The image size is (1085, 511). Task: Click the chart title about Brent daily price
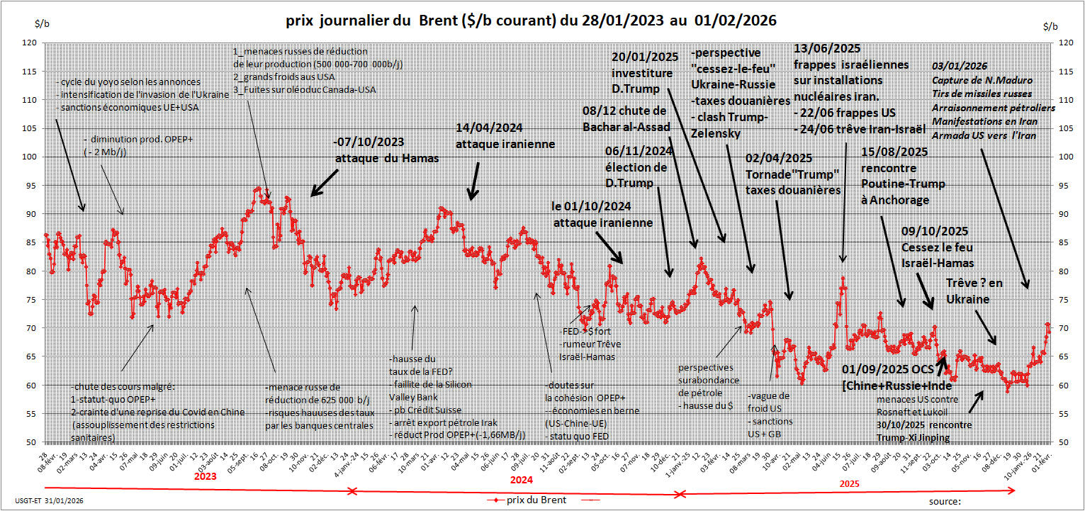531,21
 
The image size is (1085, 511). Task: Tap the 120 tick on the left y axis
30,43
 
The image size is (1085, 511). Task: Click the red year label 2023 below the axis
204,477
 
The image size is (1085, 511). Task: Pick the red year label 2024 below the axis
521,478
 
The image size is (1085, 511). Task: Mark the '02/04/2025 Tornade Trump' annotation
793,174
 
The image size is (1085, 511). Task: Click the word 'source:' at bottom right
945,502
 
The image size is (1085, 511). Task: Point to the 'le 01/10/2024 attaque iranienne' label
602,215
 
